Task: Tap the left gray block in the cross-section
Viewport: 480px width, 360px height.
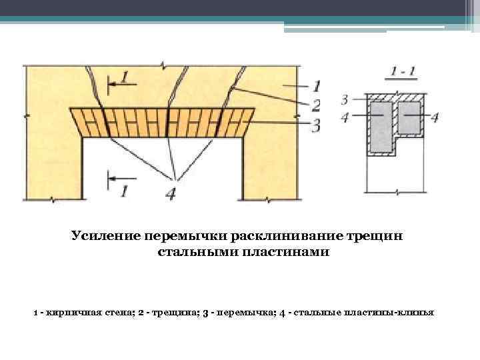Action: tap(382, 125)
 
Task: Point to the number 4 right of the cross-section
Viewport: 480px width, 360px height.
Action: tap(435, 117)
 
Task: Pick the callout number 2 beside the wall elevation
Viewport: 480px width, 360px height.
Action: tap(316, 105)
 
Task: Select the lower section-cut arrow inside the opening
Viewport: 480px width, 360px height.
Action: tap(120, 179)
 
